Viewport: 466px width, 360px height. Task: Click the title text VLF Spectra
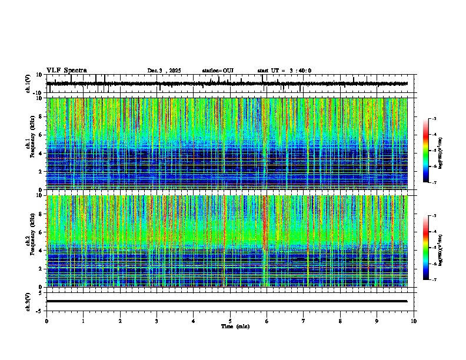(x=66, y=70)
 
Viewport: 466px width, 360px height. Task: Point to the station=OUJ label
(x=218, y=71)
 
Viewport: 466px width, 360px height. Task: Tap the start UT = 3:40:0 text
(x=284, y=71)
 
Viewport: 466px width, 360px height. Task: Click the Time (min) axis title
(x=235, y=326)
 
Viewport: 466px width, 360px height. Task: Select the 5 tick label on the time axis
(x=230, y=321)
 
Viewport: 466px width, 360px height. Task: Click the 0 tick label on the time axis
(x=46, y=321)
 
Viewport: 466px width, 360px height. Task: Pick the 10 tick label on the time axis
(x=414, y=321)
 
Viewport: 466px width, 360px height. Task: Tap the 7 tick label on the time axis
(x=304, y=321)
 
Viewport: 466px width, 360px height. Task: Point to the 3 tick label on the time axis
(x=157, y=321)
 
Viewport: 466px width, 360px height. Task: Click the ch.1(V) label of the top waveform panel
(x=28, y=84)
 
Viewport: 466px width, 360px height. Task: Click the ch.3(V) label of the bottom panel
(x=28, y=301)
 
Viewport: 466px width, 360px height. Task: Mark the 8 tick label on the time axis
(x=340, y=321)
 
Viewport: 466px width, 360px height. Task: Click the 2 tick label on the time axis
(x=120, y=321)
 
